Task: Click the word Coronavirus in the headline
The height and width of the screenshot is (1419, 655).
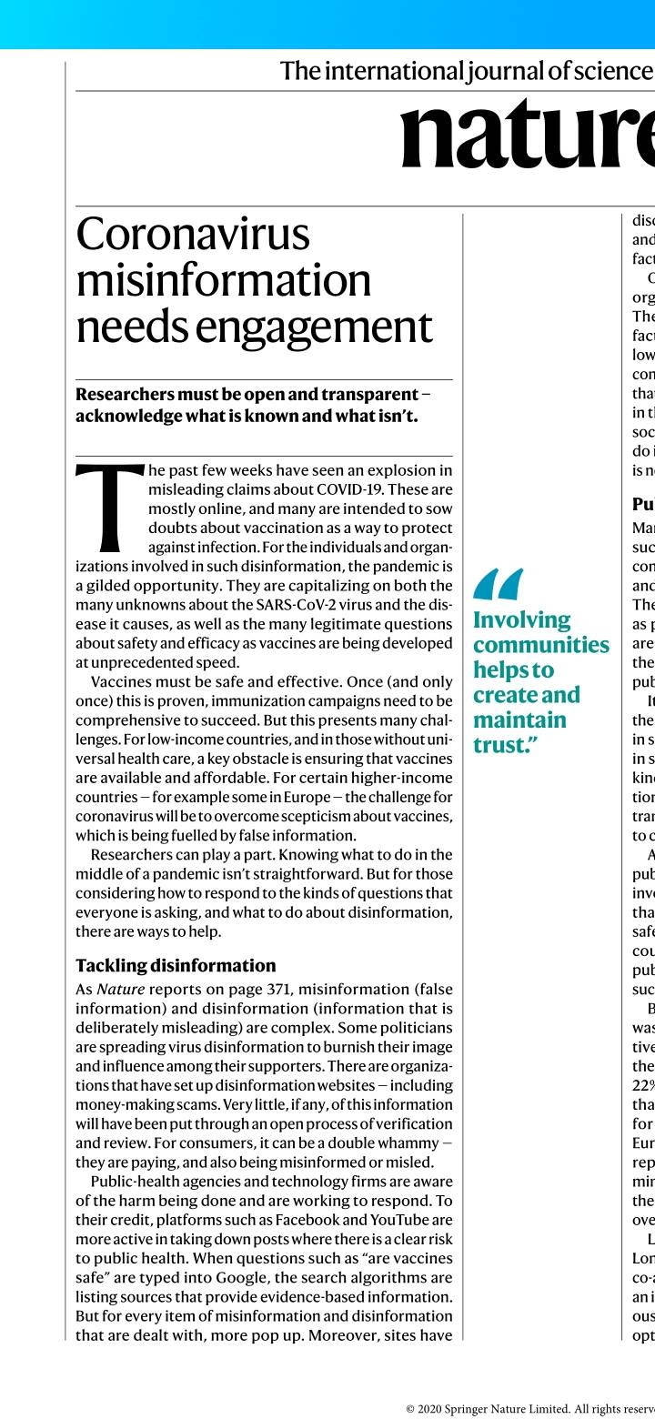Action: [193, 235]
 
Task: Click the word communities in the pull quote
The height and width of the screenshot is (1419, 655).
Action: [540, 645]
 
